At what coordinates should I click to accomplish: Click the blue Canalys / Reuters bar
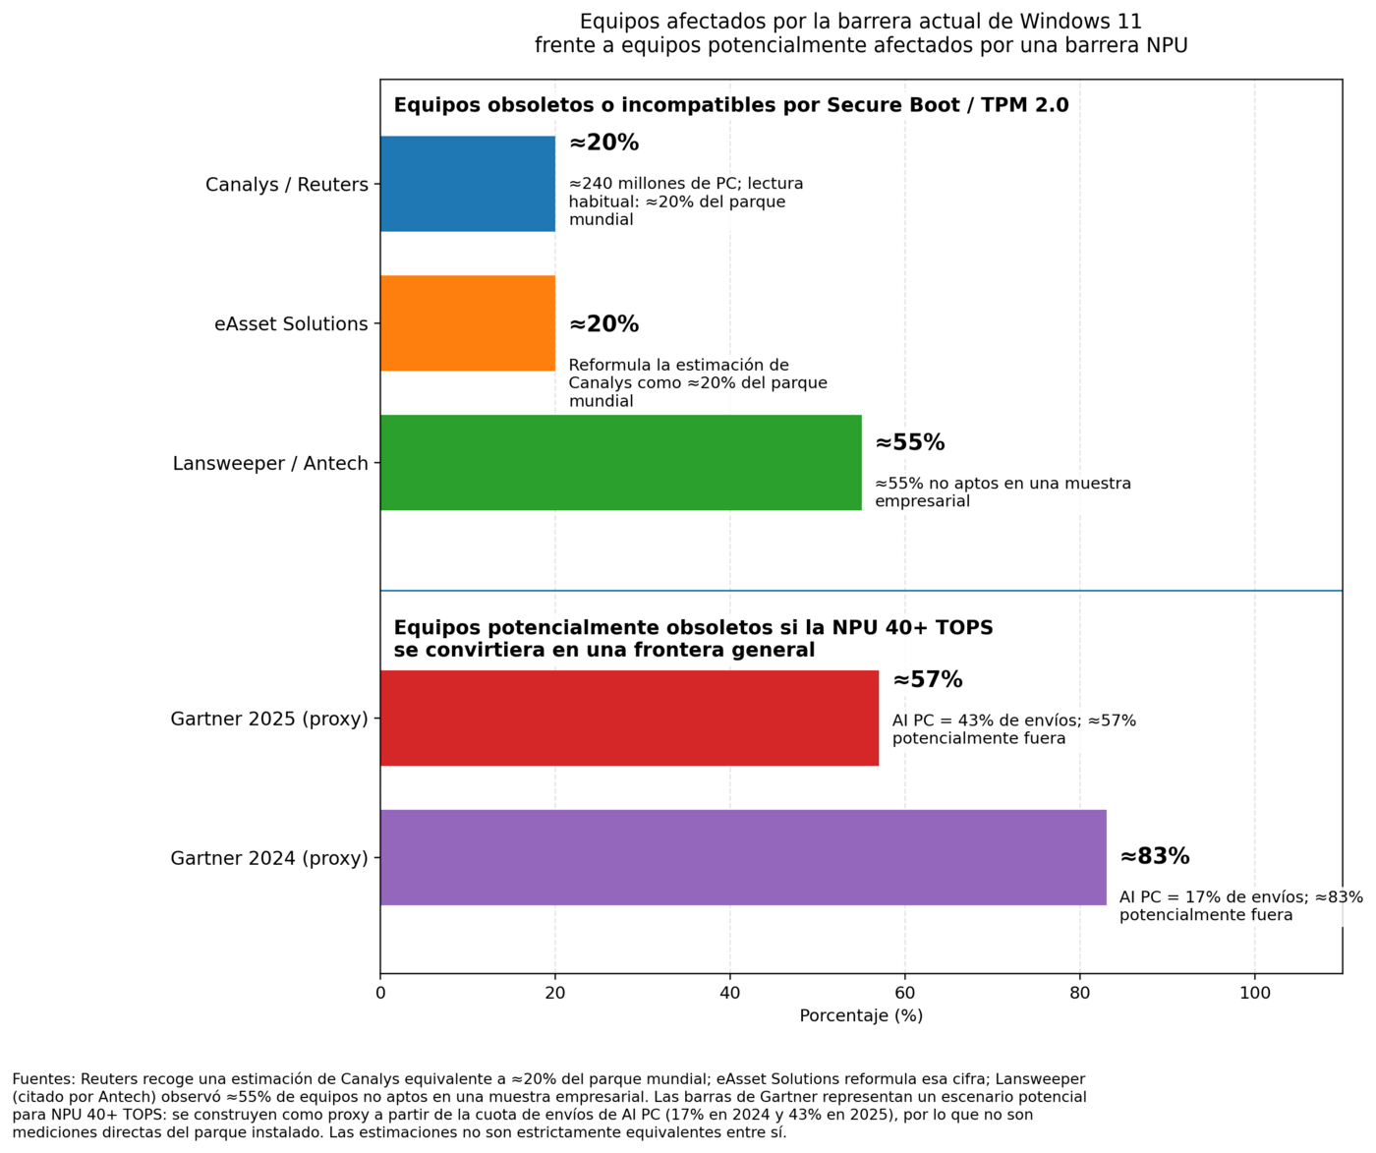[468, 184]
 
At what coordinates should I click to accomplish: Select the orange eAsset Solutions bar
[468, 323]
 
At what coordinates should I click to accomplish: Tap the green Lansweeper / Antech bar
[620, 463]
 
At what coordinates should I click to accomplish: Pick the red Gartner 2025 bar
[629, 719]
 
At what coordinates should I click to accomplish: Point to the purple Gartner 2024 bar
[743, 858]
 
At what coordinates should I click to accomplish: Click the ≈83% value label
[1155, 856]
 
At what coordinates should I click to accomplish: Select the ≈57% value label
[927, 680]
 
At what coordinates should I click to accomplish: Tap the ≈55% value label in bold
[909, 443]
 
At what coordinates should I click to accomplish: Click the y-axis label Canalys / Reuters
[286, 185]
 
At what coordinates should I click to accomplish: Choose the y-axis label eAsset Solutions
[291, 324]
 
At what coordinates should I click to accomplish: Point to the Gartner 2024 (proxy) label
[268, 859]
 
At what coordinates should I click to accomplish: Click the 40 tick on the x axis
[730, 993]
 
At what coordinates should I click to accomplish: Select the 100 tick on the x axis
[1255, 993]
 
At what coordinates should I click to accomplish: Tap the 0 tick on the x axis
[380, 993]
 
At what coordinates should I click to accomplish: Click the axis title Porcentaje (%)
[861, 1015]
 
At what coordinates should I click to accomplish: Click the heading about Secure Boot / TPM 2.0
[730, 105]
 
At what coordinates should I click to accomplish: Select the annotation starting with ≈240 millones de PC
[686, 202]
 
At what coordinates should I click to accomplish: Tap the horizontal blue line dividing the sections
[861, 591]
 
